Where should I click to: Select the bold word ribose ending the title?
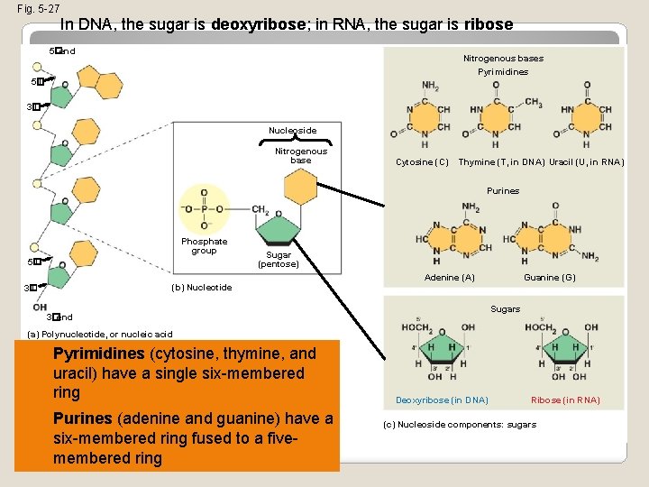pyautogui.click(x=487, y=24)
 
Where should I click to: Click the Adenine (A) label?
pyautogui.click(x=449, y=278)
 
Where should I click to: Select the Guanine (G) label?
pyautogui.click(x=549, y=278)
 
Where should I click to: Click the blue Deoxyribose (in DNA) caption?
pyautogui.click(x=442, y=400)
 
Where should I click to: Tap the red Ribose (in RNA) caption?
pyautogui.click(x=565, y=400)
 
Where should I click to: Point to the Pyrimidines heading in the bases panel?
pyautogui.click(x=503, y=71)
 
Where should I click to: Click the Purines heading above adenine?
pyautogui.click(x=503, y=191)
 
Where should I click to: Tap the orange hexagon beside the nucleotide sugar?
pyautogui.click(x=299, y=188)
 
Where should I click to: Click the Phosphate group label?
pyautogui.click(x=204, y=246)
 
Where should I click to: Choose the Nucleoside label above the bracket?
pyautogui.click(x=292, y=131)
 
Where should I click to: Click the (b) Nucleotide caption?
pyautogui.click(x=201, y=288)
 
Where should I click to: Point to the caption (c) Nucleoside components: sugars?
pyautogui.click(x=459, y=425)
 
